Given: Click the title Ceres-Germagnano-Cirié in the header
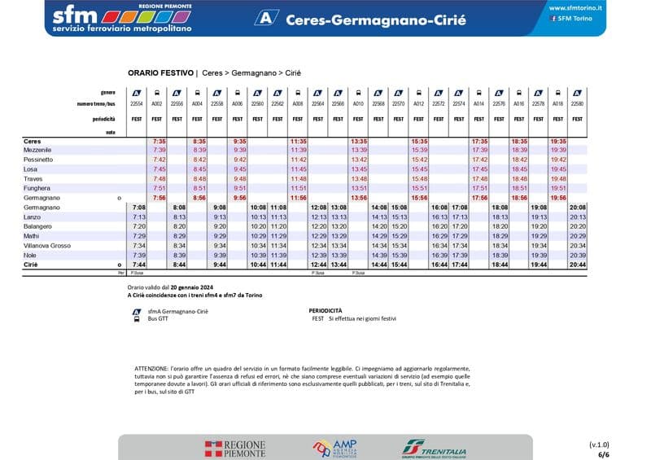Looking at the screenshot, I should [376, 20].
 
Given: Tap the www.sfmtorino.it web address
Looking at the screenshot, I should [576, 7].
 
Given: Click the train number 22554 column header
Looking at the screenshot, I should [138, 104].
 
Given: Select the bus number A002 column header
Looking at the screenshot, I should [157, 104].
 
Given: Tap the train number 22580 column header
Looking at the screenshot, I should [578, 104].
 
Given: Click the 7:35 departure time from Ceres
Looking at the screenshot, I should [159, 141].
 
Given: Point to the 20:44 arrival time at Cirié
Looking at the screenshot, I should [578, 265].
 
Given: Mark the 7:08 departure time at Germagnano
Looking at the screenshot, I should [139, 208].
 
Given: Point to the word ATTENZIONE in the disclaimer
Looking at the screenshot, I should [152, 369].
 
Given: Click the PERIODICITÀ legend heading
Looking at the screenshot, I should [326, 310].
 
